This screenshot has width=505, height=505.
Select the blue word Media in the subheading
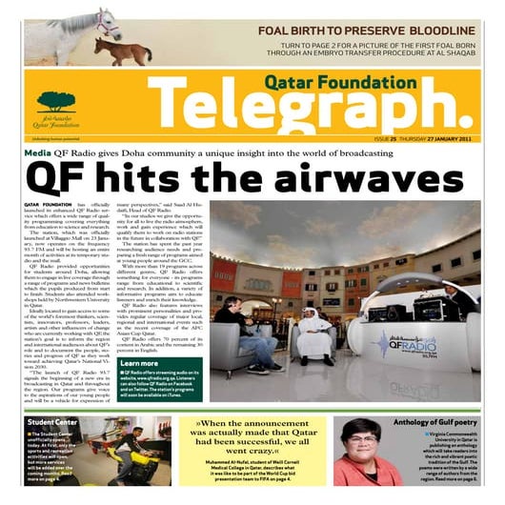coord(38,152)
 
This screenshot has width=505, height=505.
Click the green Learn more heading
coord(140,363)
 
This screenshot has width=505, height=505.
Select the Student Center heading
coord(53,421)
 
